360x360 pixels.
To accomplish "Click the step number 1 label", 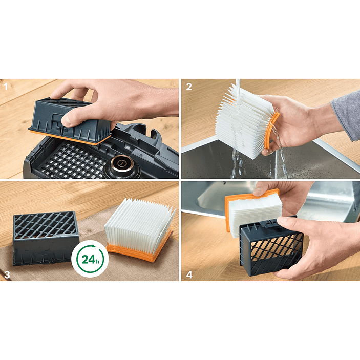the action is [x=6, y=87].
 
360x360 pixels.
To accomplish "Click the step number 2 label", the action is [x=189, y=87].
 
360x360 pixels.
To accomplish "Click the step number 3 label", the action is [x=7, y=274].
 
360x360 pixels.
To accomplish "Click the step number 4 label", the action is [x=189, y=274].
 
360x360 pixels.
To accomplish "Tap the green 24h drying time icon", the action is [x=90, y=259].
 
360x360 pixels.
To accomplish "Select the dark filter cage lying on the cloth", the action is [x=46, y=238].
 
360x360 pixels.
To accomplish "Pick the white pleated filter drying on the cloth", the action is [x=139, y=222].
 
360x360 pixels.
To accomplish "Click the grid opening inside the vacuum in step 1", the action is [x=71, y=161].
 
